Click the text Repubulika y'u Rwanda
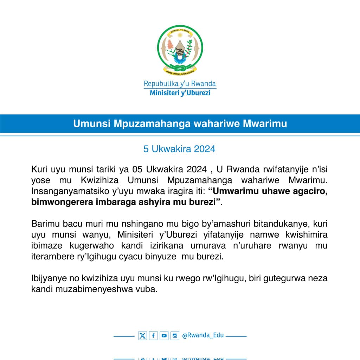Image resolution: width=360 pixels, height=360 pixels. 180,84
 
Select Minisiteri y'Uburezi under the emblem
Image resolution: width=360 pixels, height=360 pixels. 180,93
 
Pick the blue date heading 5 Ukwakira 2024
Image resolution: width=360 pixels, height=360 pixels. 179,149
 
